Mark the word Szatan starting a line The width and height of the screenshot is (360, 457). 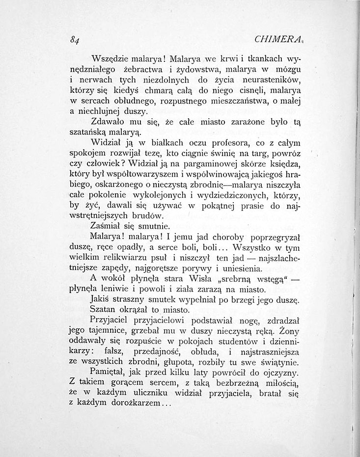pos(104,310)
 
